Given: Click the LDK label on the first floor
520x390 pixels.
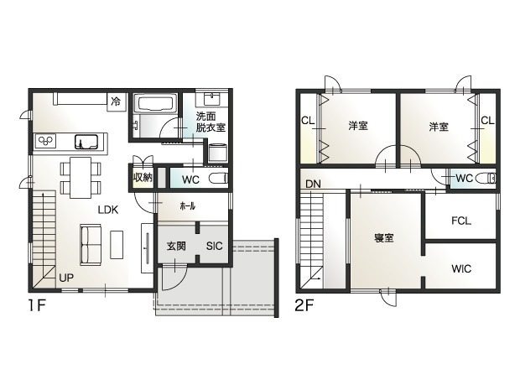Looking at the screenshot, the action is point(108,210).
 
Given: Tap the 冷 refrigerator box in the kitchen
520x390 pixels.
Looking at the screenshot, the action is point(117,101).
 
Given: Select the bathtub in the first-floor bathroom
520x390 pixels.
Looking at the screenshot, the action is point(155,103).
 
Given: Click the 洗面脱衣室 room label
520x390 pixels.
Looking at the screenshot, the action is point(211,122).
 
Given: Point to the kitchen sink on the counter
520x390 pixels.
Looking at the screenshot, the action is point(86,142).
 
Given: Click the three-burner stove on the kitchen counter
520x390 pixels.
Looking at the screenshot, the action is point(46,141).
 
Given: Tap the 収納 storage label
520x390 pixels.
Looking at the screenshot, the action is point(143,178).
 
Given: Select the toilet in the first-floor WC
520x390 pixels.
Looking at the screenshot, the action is point(219,179).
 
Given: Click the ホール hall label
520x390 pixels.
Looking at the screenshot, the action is point(187,206).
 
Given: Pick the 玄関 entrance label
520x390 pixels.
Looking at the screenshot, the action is point(176,246).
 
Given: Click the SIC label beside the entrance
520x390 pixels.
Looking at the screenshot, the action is point(214,246).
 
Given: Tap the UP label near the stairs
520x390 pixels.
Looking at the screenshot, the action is point(66,278).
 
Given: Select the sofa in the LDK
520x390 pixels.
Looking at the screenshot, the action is point(91,245).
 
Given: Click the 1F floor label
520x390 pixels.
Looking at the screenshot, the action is point(36,305).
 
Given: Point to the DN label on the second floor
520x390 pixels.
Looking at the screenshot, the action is point(313,184).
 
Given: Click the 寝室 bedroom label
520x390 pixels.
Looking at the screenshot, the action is point(384,238).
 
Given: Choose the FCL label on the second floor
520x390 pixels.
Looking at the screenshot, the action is point(461,221).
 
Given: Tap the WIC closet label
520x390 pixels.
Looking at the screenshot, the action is point(461,268).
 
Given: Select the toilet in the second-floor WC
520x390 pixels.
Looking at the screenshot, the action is point(486,179).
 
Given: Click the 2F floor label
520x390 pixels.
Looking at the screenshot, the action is point(304,305).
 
